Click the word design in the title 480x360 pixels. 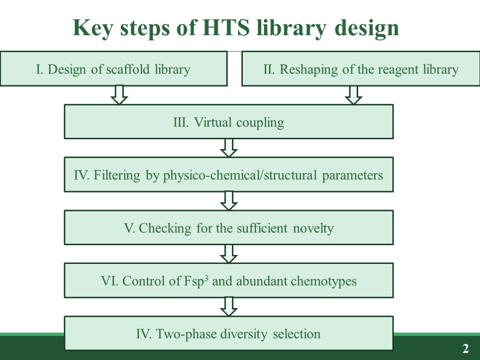(367, 29)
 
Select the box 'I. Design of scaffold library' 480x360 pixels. (113, 69)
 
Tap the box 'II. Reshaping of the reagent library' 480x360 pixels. (360, 69)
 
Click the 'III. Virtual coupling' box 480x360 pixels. (228, 122)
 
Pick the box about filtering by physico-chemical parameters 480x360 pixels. (228, 175)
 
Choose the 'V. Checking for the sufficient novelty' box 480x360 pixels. (228, 228)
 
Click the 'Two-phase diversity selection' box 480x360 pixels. (228, 334)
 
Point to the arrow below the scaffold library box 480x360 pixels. (119, 95)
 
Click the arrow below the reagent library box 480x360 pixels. (353, 95)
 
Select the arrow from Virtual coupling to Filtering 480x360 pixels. (228, 148)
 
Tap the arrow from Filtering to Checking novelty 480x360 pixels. (228, 201)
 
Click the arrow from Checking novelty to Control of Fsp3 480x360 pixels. (228, 254)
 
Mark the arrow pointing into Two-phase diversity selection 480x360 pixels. (228, 307)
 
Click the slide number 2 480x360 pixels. (465, 349)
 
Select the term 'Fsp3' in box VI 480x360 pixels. (189, 281)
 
